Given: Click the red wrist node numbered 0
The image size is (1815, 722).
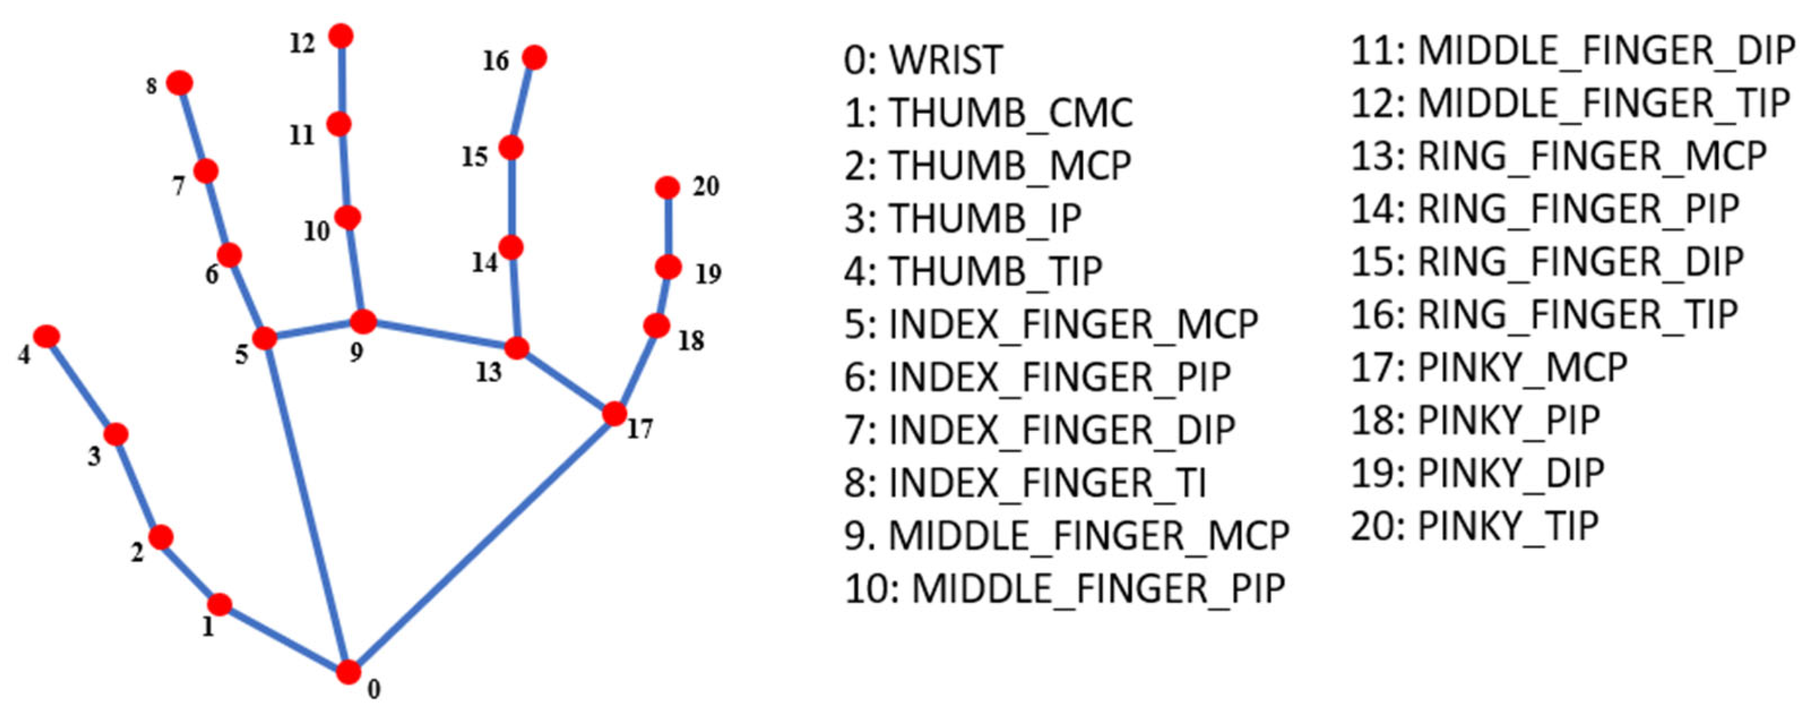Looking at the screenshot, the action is pyautogui.click(x=348, y=672).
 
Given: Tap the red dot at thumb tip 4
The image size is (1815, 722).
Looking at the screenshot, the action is pyautogui.click(x=46, y=336).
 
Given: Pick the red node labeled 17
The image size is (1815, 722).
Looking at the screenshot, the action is pyautogui.click(x=614, y=413).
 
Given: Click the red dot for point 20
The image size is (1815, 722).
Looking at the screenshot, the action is pyautogui.click(x=667, y=188).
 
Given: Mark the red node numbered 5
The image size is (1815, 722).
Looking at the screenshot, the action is pyautogui.click(x=264, y=338).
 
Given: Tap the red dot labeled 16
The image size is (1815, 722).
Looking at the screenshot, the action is pyautogui.click(x=535, y=58).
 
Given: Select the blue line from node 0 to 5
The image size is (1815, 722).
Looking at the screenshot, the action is pyautogui.click(x=307, y=505).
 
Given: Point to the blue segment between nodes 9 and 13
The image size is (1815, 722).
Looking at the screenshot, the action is pyautogui.click(x=441, y=335).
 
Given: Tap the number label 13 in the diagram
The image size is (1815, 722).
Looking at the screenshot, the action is pyautogui.click(x=488, y=372).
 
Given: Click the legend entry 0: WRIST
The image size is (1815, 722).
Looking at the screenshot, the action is pyautogui.click(x=923, y=60).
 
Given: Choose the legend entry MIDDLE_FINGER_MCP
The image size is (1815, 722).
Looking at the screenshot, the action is pyautogui.click(x=1066, y=536).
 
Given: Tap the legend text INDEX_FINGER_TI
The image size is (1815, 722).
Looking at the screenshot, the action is pyautogui.click(x=1025, y=483).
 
